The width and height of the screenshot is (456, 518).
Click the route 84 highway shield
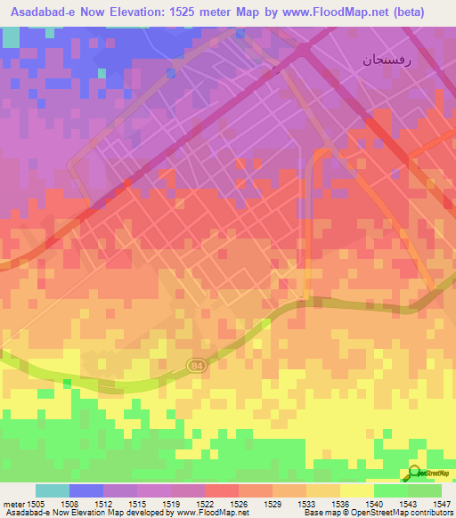pos(195,366)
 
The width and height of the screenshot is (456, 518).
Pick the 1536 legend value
pos(340,505)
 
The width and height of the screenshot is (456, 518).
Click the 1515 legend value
pos(136,505)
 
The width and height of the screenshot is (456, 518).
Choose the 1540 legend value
pos(374,505)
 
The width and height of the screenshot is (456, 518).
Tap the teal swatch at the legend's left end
pos(52,490)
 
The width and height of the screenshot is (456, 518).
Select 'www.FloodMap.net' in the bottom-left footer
pos(213,514)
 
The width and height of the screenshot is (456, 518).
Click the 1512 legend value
pos(102,505)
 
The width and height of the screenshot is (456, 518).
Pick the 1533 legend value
pos(306,505)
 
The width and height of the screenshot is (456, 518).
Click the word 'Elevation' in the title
pos(134,12)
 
